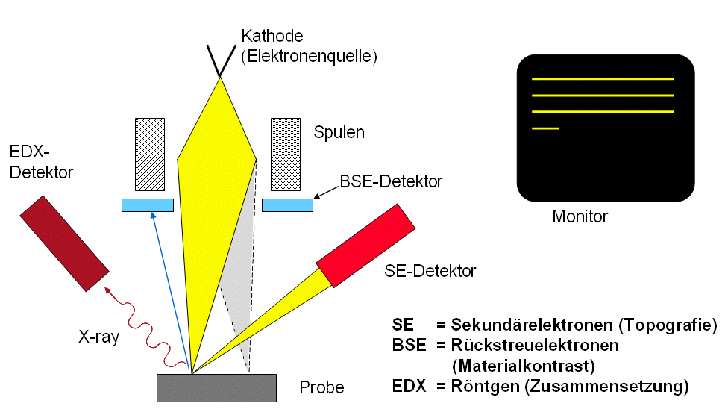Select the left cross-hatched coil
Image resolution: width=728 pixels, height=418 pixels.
click(x=149, y=154)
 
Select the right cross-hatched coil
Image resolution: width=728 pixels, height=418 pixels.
click(x=285, y=154)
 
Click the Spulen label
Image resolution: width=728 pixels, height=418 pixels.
click(x=340, y=134)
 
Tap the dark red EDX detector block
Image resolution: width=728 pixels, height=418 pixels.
click(x=65, y=243)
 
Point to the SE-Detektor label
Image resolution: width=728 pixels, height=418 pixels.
click(x=430, y=271)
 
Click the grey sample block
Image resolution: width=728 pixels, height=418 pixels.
click(x=216, y=387)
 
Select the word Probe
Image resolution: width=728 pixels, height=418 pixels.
click(x=321, y=388)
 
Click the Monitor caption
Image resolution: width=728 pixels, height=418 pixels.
click(x=580, y=217)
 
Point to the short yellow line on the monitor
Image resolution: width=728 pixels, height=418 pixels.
click(x=545, y=129)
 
